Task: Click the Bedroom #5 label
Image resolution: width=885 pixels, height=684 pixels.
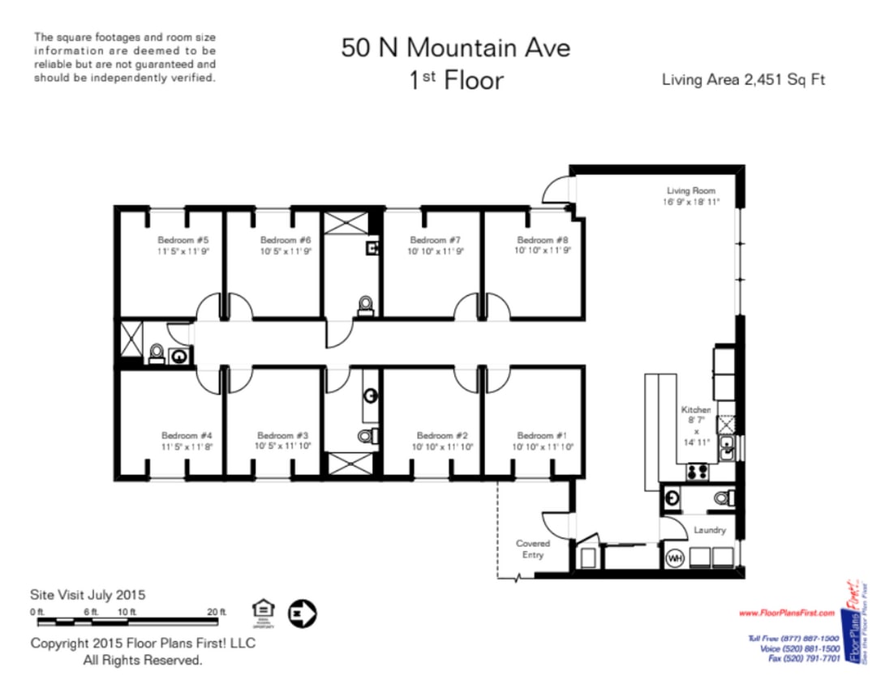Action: pyautogui.click(x=183, y=240)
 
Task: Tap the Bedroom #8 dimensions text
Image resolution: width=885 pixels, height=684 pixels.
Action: pyautogui.click(x=543, y=251)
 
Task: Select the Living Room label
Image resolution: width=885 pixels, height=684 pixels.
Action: pyautogui.click(x=691, y=190)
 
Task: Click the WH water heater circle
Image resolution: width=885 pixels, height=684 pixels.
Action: pyautogui.click(x=673, y=558)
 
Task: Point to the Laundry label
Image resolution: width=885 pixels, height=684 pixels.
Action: pyautogui.click(x=709, y=531)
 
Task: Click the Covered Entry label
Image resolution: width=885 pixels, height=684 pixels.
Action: pyautogui.click(x=533, y=549)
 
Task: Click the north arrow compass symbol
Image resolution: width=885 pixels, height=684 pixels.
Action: pyautogui.click(x=303, y=613)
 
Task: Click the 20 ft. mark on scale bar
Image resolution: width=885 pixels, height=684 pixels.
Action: pyautogui.click(x=217, y=611)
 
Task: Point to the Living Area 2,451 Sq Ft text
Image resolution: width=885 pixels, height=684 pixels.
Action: pyautogui.click(x=743, y=79)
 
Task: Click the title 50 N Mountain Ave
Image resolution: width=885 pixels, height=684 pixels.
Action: pyautogui.click(x=455, y=48)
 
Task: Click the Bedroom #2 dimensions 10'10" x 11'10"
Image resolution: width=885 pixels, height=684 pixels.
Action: pyautogui.click(x=442, y=447)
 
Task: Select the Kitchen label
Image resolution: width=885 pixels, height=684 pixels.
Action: pyautogui.click(x=696, y=410)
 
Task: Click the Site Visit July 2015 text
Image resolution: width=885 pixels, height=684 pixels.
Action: pyautogui.click(x=88, y=594)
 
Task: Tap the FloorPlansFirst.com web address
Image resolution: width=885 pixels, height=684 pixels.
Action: pyautogui.click(x=786, y=613)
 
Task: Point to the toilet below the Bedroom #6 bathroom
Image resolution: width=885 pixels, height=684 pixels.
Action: pyautogui.click(x=366, y=305)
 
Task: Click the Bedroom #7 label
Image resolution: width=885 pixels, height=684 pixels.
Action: pyautogui.click(x=435, y=240)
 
